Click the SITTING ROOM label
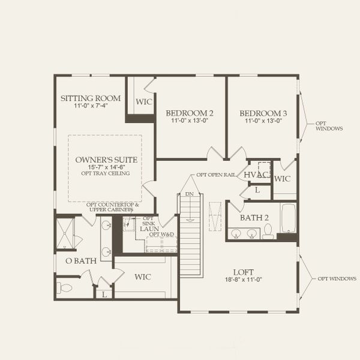(91, 98)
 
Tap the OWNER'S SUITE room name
(107, 159)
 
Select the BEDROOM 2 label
(190, 113)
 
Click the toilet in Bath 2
(268, 231)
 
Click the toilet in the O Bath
(64, 288)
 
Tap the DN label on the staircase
(190, 194)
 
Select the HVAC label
(256, 174)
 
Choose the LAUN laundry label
(149, 229)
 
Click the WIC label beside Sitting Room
(144, 101)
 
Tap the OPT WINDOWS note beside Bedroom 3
(329, 126)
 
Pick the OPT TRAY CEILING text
(107, 173)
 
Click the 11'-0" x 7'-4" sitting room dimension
(91, 106)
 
